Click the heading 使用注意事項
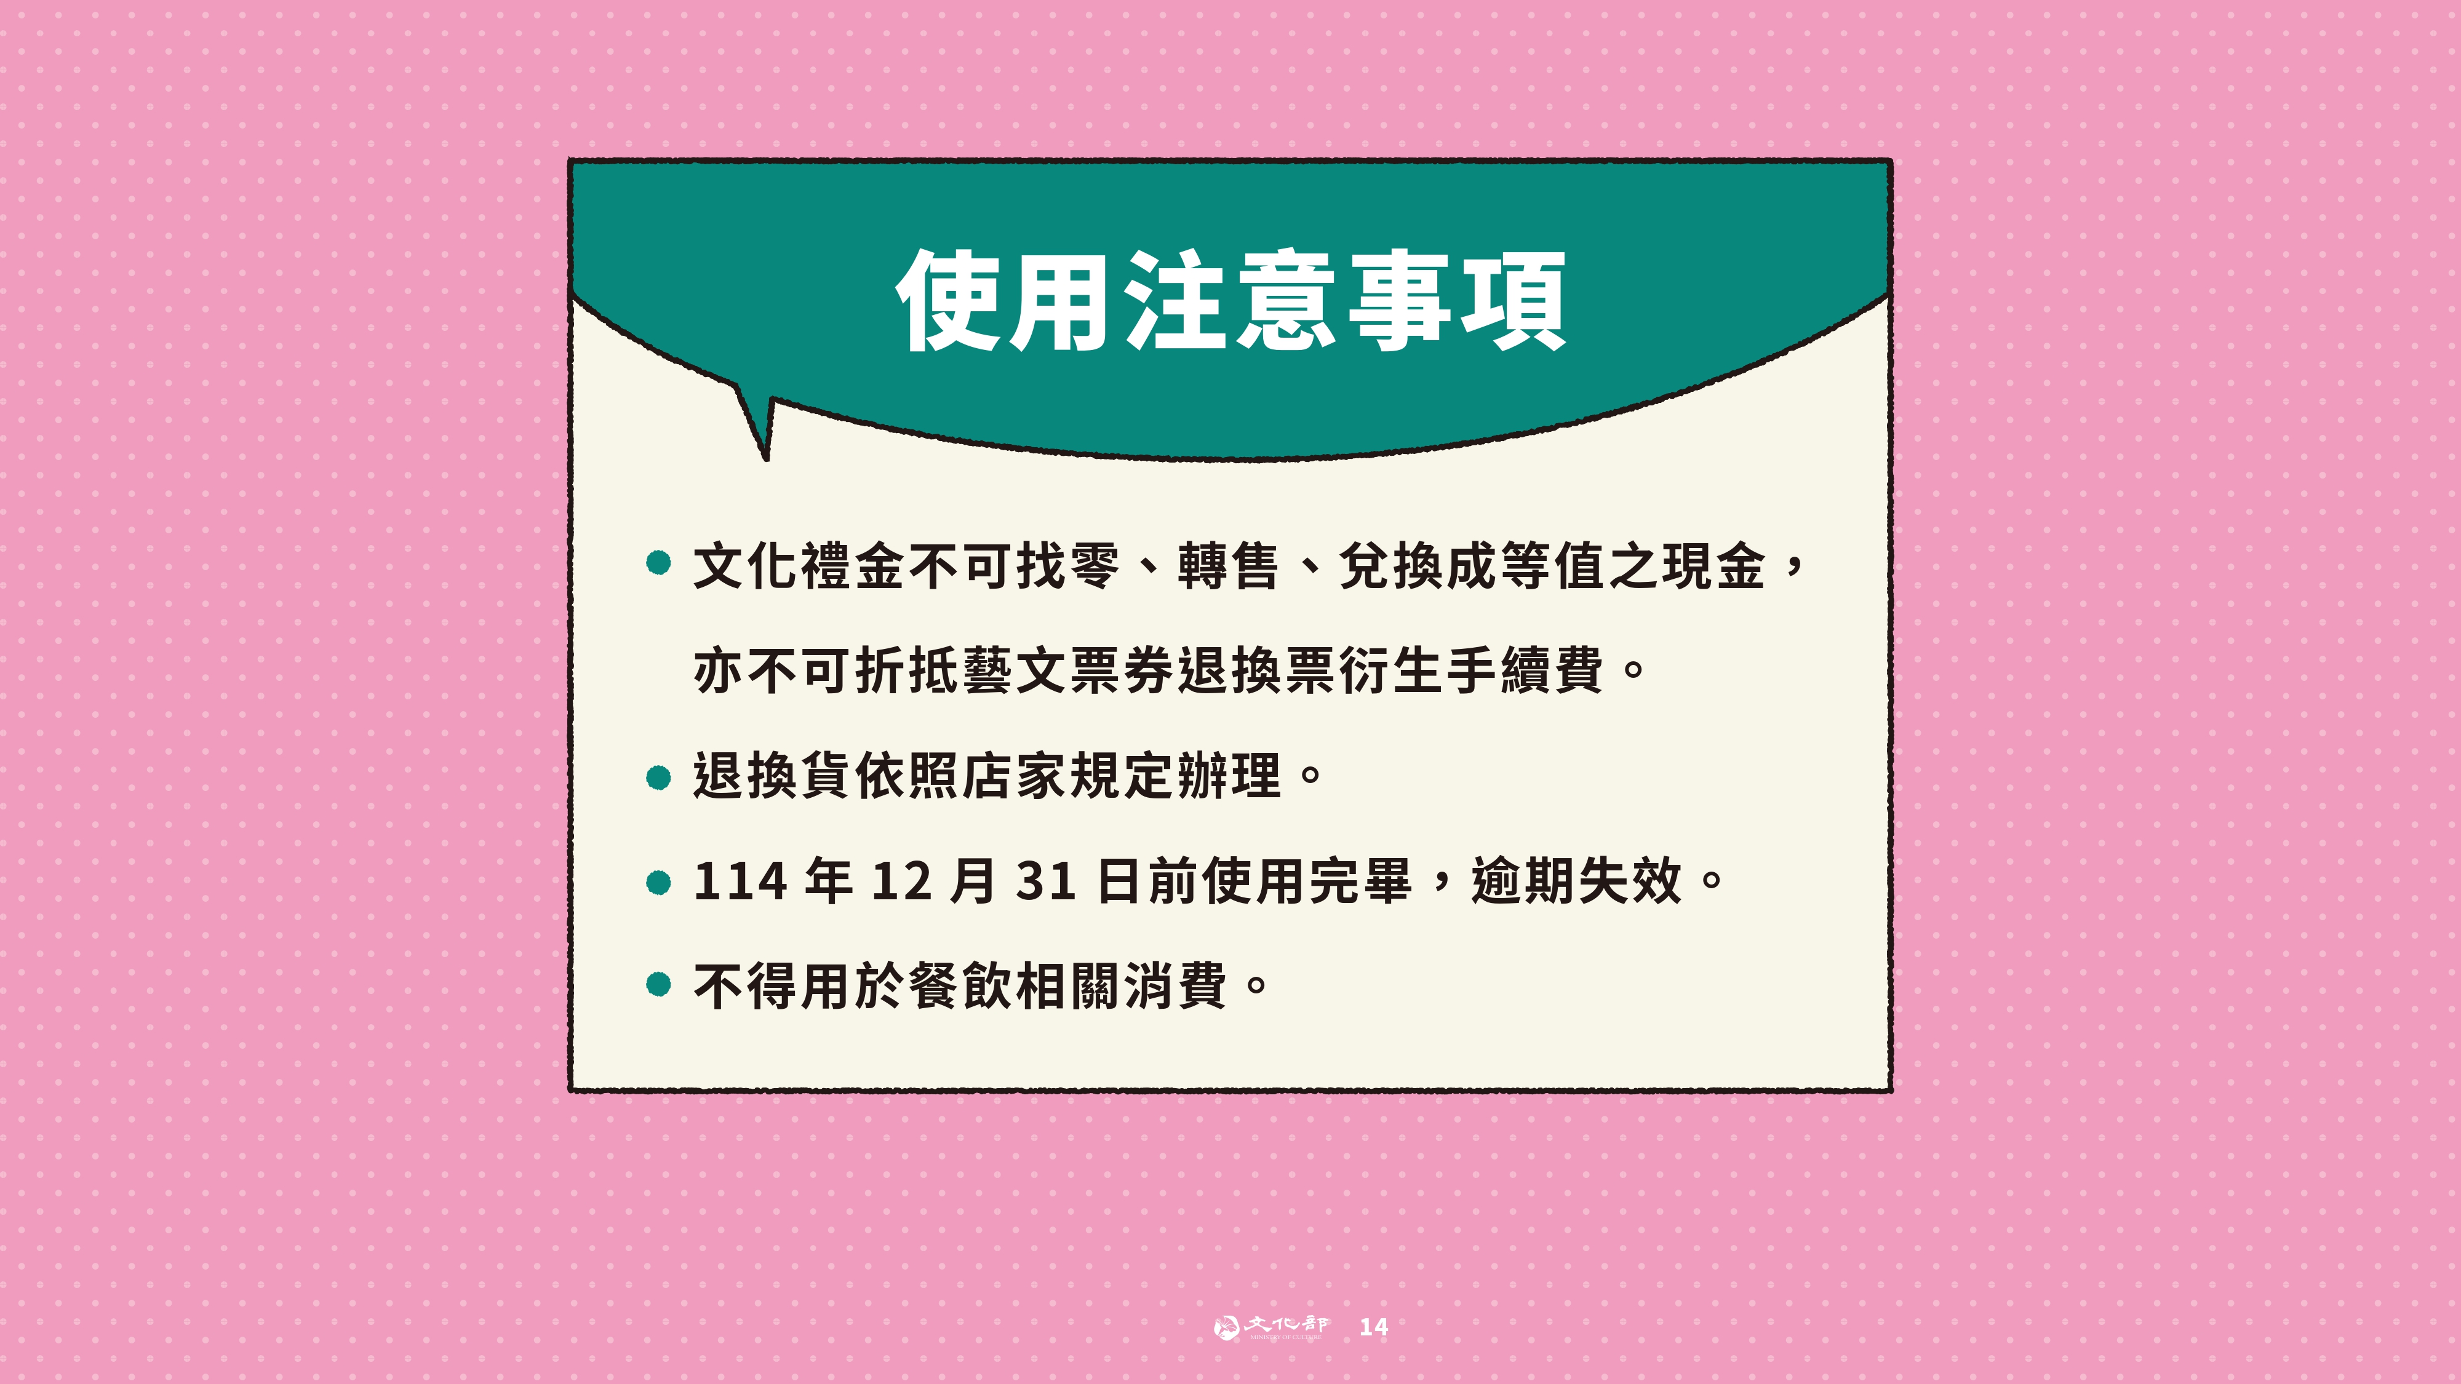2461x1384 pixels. point(1230,300)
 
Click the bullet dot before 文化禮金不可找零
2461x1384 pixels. point(658,563)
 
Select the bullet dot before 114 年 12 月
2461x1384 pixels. point(658,883)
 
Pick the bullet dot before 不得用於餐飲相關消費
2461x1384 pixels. point(658,984)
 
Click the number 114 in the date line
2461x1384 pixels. point(740,881)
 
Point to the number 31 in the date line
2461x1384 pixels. point(1047,881)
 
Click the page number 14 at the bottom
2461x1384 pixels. point(1374,1327)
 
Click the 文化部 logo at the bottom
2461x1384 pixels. point(1270,1327)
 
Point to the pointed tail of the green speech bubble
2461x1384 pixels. point(765,458)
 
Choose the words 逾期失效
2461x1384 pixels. point(1576,881)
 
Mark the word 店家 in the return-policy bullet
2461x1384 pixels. point(1013,776)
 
